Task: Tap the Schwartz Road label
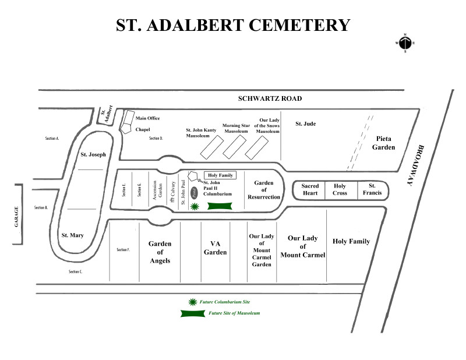tap(270, 98)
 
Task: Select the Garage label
tap(17, 217)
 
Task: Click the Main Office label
tap(147, 119)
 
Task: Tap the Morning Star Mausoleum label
tap(236, 128)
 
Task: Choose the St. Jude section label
tap(305, 123)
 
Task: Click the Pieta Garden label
tap(384, 143)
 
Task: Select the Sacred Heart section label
tap(310, 189)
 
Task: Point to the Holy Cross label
tap(340, 189)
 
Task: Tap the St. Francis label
tap(372, 189)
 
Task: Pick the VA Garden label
tap(215, 248)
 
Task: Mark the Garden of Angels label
tap(159, 252)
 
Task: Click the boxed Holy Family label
tap(220, 175)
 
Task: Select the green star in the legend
tap(193, 302)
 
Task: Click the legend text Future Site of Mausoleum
tap(234, 313)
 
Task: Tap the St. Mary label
tap(73, 235)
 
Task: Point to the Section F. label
tap(123, 250)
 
